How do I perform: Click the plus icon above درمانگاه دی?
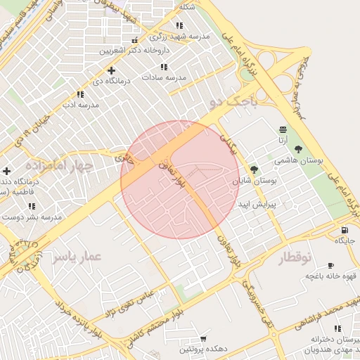click(111, 70)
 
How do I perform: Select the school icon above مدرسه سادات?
click(164, 67)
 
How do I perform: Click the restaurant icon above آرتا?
click(283, 129)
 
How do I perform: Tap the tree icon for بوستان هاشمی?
click(299, 149)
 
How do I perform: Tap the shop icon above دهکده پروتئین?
click(204, 338)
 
